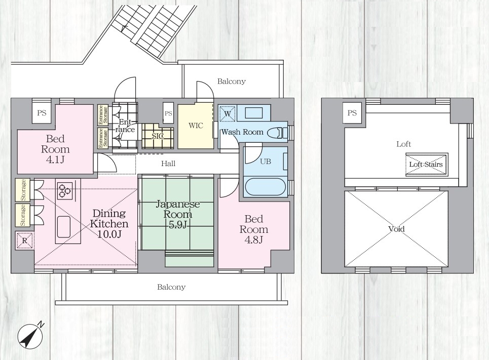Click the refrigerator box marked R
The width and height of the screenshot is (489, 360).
point(25,241)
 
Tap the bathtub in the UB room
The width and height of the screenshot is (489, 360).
point(266,187)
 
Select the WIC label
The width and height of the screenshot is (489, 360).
point(196,126)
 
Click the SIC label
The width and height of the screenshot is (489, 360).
point(158,136)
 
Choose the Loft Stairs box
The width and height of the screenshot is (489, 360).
point(427,164)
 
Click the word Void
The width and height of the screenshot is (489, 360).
point(396,229)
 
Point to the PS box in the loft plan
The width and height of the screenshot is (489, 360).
point(352,112)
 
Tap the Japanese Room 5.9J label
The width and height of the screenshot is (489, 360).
point(177,214)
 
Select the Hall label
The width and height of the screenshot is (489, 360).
point(168,164)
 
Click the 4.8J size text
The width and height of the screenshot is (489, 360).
point(253,239)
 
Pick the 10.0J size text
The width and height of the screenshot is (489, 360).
point(109,234)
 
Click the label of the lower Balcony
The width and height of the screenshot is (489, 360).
point(171,287)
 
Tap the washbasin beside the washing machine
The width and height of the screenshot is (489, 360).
point(253,113)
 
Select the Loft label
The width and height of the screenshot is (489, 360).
point(403,144)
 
